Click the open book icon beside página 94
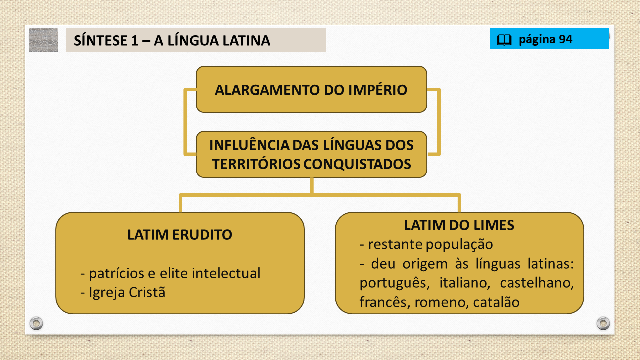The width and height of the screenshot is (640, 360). point(504,40)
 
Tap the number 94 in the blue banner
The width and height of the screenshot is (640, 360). point(565,39)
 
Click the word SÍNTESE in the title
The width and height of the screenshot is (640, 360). point(101,40)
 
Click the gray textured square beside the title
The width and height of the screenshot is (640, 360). point(43,40)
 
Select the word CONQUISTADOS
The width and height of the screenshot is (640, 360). point(357,164)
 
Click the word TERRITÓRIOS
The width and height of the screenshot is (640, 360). point(256,164)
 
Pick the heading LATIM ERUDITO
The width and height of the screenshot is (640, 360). point(179,235)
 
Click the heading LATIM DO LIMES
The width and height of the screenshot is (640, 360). point(459,225)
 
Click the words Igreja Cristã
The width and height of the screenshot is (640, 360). point(127,292)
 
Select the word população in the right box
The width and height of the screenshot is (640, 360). point(459,245)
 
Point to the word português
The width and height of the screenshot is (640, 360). point(395,283)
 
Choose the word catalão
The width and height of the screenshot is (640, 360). point(496,302)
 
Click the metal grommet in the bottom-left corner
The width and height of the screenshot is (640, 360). point(36,323)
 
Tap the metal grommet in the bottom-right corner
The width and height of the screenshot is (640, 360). point(603,323)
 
